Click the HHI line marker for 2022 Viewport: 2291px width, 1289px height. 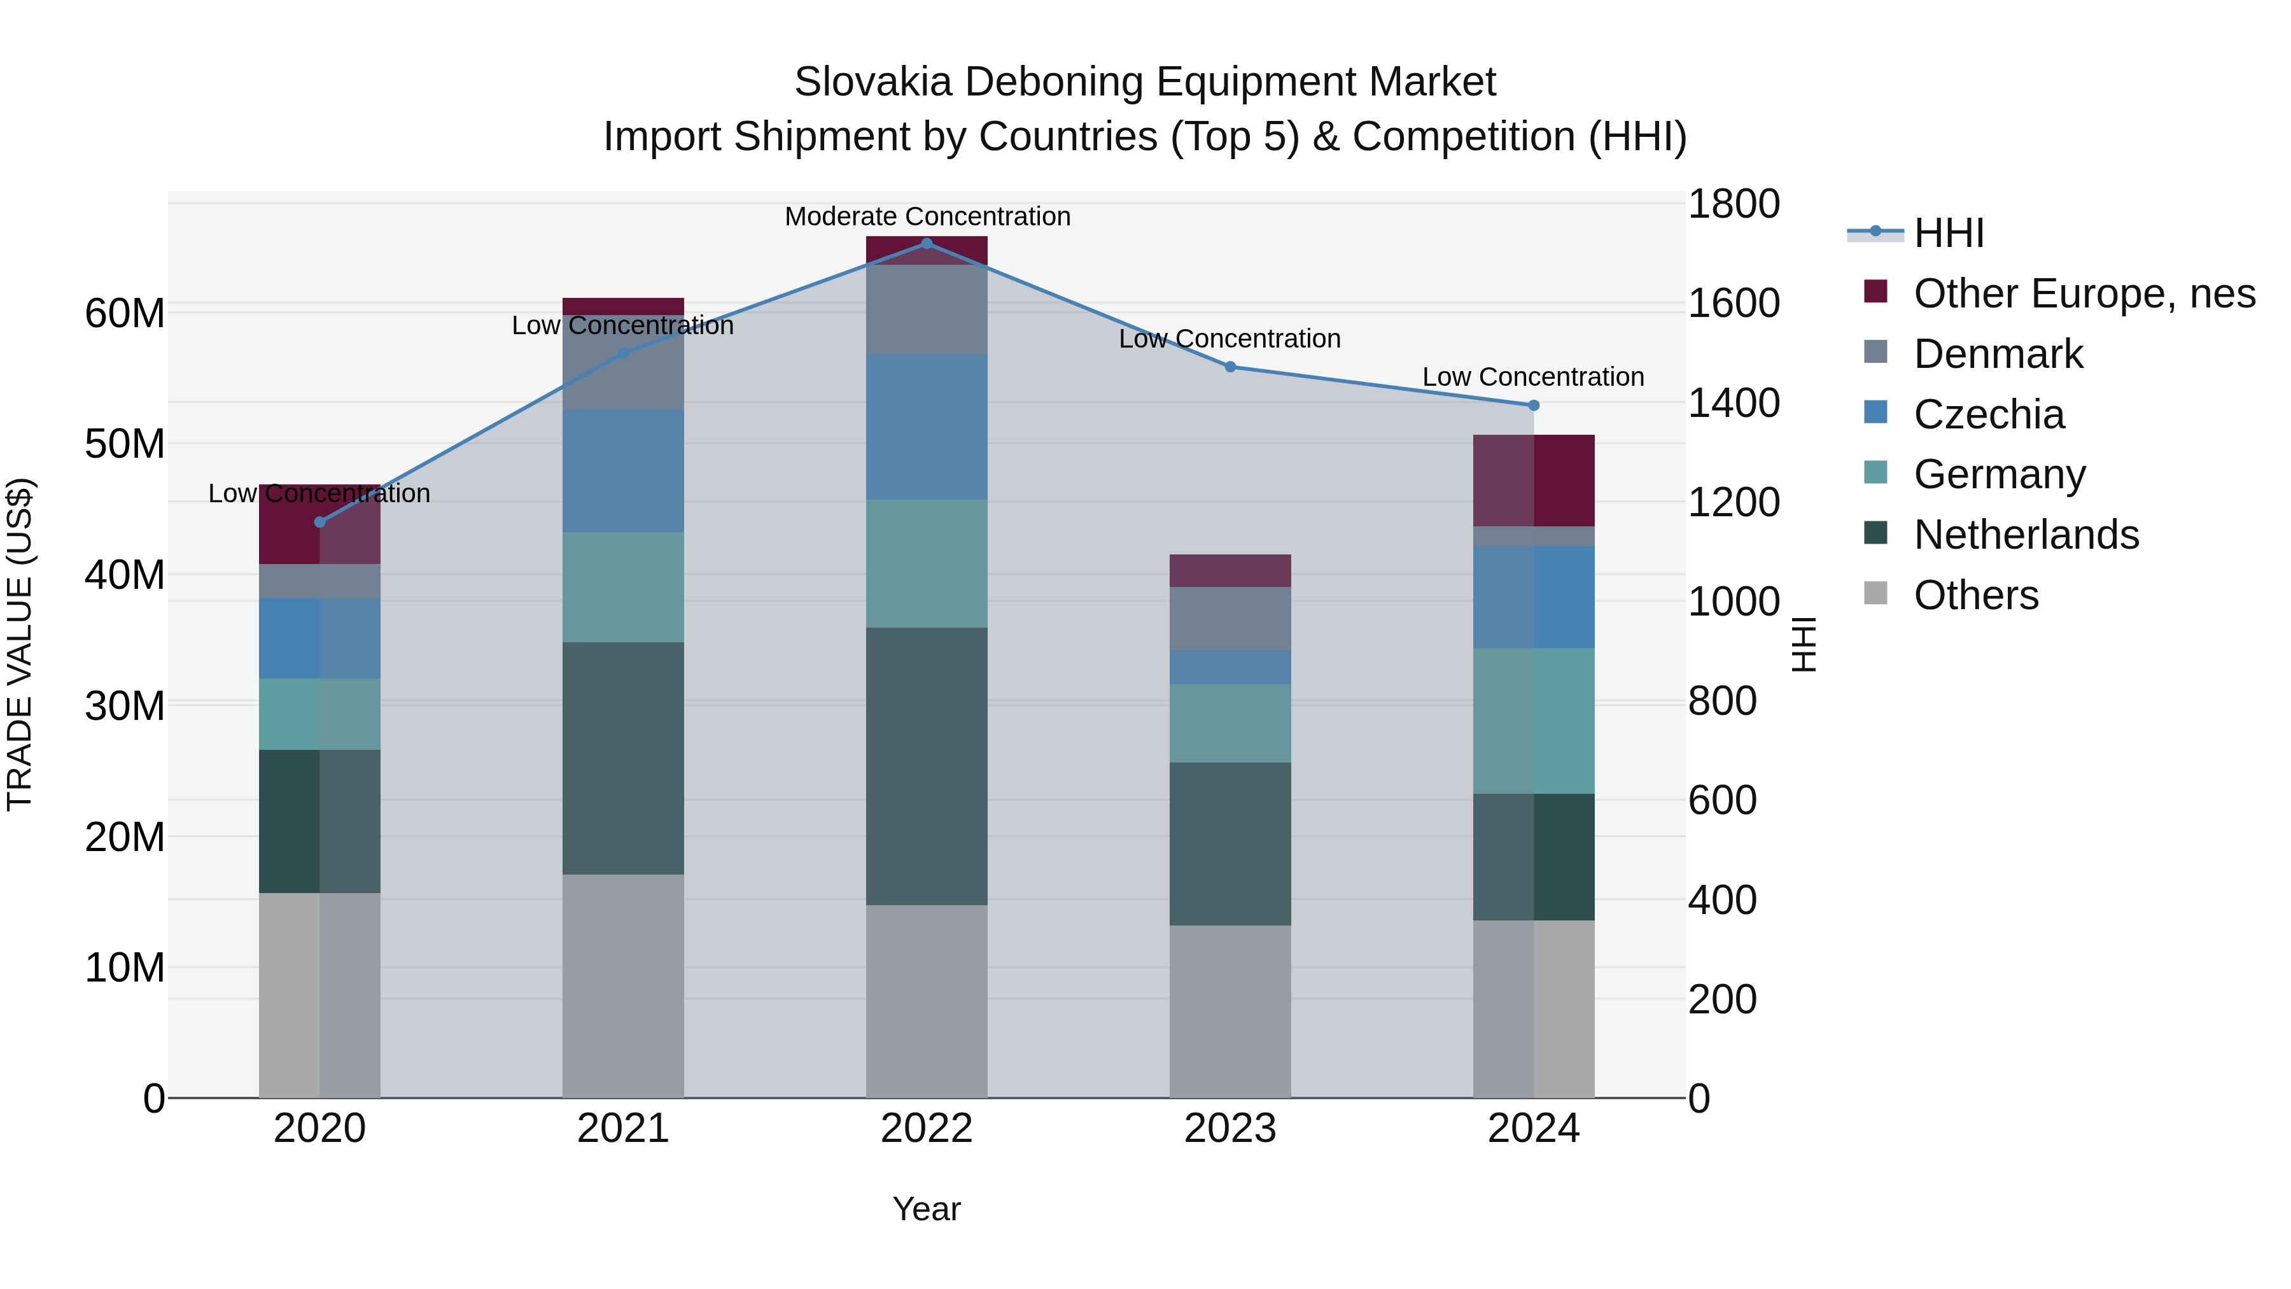tap(926, 244)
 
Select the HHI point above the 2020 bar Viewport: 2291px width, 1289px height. tap(319, 522)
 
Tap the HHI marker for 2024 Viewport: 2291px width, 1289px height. tap(1533, 405)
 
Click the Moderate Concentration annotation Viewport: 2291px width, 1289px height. tap(927, 216)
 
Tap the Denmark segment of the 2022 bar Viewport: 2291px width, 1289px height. tap(926, 309)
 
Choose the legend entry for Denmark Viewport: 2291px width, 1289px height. tap(1998, 354)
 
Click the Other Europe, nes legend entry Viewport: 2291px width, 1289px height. tap(2084, 293)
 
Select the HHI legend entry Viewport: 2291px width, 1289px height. tap(1948, 233)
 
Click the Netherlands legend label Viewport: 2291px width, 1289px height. tap(2026, 535)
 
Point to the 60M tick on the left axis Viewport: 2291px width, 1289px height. tap(125, 314)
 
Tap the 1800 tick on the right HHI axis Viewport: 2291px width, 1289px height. tap(1734, 204)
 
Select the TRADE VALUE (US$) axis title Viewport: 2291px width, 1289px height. tap(20, 644)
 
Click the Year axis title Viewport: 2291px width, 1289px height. tap(926, 1209)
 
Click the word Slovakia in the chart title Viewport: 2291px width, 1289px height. tap(873, 82)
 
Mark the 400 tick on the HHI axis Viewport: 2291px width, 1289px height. tap(1723, 899)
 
